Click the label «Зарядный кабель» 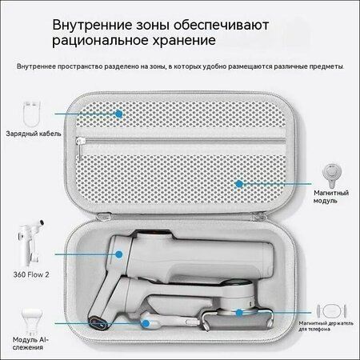34,134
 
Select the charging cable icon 31,114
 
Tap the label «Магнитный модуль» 331,197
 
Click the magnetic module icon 331,175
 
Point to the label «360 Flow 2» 31,274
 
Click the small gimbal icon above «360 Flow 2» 30,242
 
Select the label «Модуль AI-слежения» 30,343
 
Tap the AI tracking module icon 32,322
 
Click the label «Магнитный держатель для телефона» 326,326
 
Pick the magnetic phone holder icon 331,310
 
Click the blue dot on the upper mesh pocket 119,114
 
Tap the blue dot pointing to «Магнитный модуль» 239,184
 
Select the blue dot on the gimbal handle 119,254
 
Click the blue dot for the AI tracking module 146,323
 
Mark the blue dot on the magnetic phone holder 239,313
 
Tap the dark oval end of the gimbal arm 98,323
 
